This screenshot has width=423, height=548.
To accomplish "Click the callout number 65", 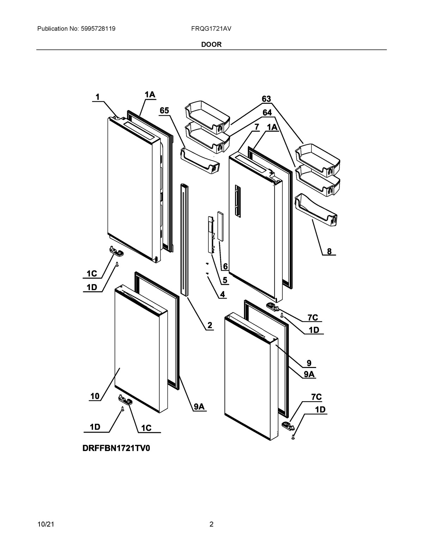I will tap(164, 110).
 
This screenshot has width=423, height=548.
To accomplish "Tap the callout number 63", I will tap(266, 99).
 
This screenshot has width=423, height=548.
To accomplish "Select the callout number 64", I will tap(267, 113).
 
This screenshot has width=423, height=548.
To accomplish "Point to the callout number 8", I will tap(329, 251).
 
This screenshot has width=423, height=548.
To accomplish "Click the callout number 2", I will tap(209, 325).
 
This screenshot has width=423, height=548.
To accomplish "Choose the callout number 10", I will tap(95, 396).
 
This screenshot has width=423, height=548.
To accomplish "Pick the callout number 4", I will tap(222, 294).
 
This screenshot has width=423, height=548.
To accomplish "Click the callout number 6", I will tap(225, 267).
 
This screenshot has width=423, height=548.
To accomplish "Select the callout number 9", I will tap(309, 363).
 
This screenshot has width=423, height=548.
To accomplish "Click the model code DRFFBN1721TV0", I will tap(118, 448).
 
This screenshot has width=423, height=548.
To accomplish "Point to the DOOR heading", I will tap(211, 44).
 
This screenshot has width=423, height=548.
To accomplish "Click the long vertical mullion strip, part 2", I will tap(184, 240).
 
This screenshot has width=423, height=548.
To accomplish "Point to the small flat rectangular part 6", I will tap(220, 226).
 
